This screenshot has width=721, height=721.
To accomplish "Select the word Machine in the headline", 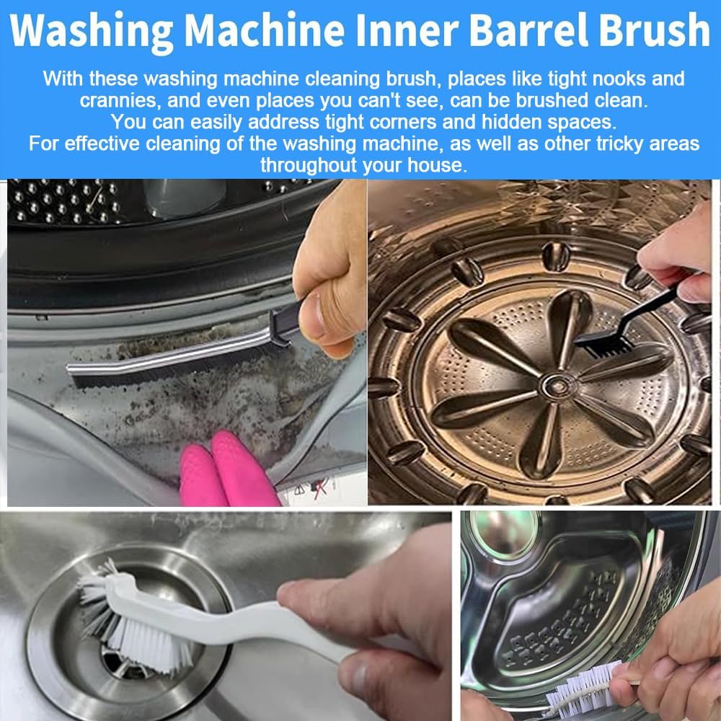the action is tap(265, 30).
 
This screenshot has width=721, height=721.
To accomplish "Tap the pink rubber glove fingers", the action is tap(228, 469).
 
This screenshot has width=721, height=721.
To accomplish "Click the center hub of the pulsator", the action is tap(558, 386).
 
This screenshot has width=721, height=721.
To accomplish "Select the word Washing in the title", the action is tap(92, 31).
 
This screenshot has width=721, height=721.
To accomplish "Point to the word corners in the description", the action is tap(399, 122).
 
